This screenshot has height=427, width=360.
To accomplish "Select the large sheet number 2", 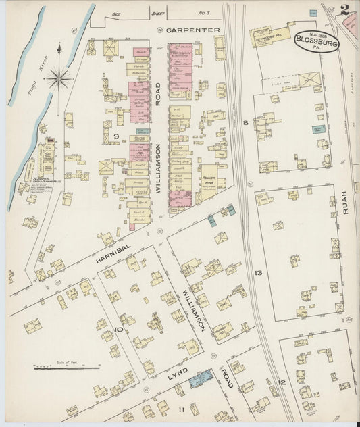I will coord(344,9).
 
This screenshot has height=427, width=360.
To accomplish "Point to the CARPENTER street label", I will coord(193,30).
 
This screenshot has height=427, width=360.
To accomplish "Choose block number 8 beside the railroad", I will coord(245,122).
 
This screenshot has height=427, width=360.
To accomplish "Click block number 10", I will coord(119,330).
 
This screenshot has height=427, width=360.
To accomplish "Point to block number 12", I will coord(283,382).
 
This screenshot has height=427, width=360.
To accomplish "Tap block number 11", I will coord(181,409).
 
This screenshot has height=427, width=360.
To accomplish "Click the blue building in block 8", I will coord(318,128).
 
